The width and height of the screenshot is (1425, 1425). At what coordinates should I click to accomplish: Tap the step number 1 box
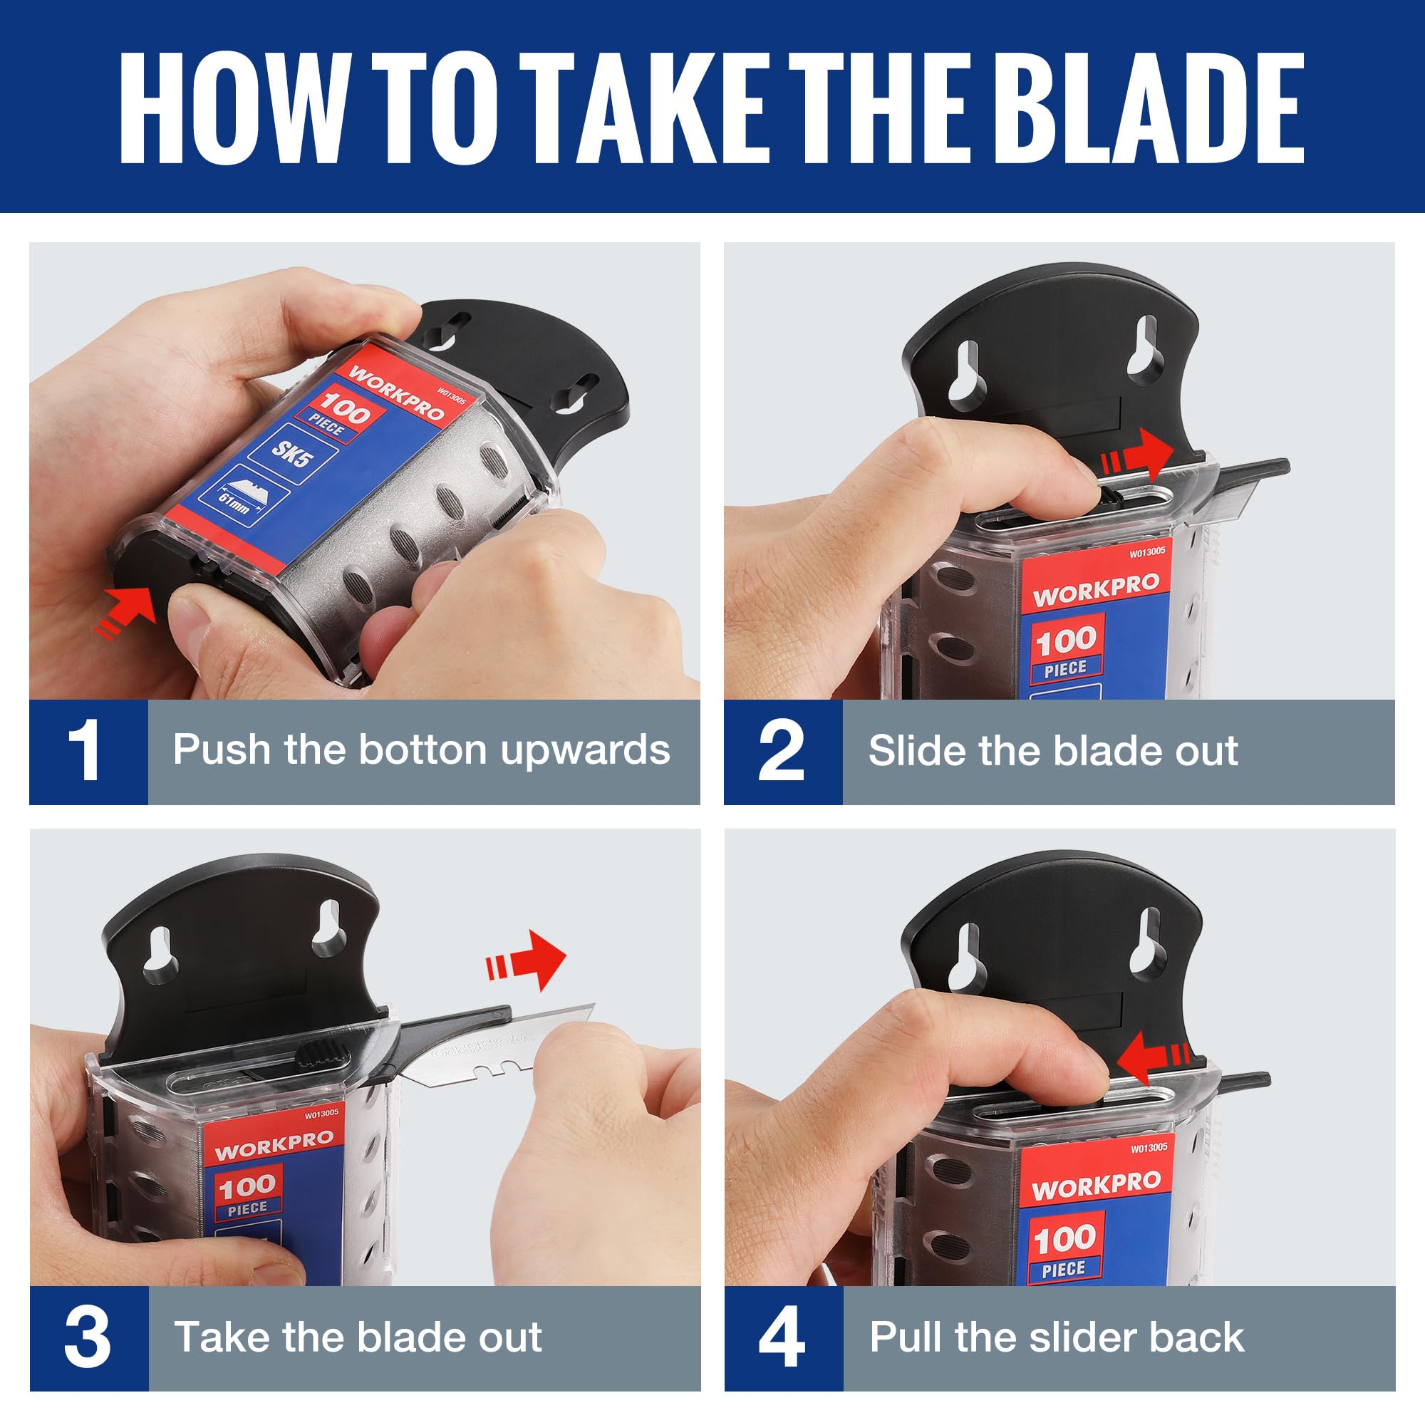88,751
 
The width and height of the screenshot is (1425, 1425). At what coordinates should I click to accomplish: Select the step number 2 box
782,751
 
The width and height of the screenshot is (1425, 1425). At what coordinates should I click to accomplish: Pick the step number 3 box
88,1337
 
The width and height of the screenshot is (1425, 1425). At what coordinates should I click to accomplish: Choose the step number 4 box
782,1337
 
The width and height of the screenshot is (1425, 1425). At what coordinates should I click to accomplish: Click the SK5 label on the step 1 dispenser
292,453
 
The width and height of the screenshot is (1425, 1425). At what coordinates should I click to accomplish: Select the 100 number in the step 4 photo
1064,1239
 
